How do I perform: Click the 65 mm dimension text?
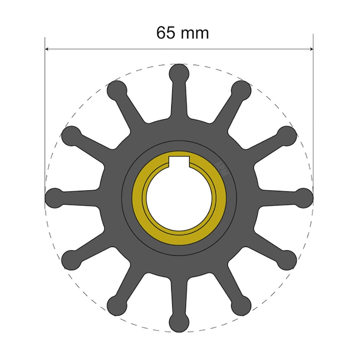tap(182, 33)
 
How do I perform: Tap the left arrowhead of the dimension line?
tap(47, 49)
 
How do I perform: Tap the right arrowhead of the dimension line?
tap(311, 49)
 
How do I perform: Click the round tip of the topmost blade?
tap(179, 73)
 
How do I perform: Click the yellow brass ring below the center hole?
tap(179, 236)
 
